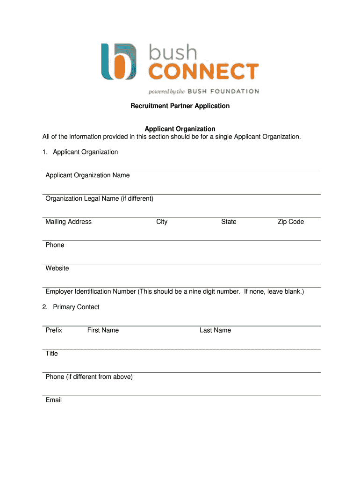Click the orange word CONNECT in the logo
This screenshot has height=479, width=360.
203,72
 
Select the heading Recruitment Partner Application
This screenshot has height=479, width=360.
180,106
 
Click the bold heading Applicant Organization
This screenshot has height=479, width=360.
180,129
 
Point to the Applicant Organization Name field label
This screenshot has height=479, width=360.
87,175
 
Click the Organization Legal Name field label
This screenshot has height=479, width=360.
99,199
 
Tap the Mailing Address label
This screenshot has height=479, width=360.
68,222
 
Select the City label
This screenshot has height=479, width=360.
162,222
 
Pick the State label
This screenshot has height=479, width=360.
229,222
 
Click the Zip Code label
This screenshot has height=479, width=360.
290,222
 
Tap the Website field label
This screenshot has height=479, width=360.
57,269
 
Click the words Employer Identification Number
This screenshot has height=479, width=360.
91,292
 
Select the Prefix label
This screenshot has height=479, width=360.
54,330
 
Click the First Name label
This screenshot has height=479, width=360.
103,330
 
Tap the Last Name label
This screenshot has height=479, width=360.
215,330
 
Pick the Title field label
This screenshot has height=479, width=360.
51,354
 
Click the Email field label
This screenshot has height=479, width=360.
53,400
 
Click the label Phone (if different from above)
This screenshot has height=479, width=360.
89,377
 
